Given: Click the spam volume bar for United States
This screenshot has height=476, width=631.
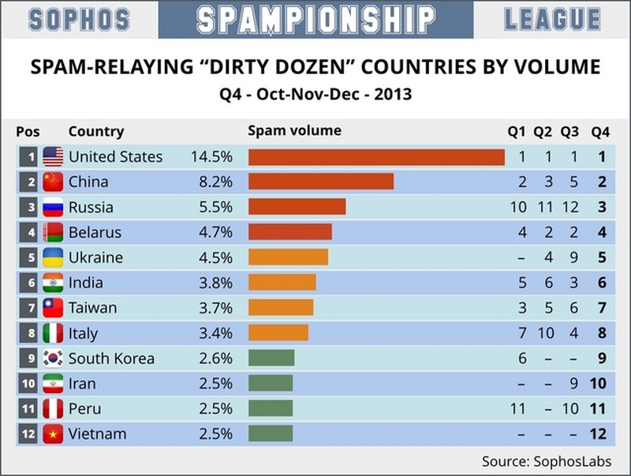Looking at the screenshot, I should tap(376, 157).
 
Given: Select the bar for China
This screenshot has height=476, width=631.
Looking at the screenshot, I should tap(320, 182).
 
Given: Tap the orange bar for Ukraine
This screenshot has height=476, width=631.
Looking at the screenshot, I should tap(288, 258).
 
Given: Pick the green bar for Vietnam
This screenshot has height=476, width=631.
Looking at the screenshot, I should tap(271, 434).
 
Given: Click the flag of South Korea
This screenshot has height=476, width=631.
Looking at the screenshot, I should tap(53, 358).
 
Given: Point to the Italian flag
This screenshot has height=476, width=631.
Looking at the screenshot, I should tap(53, 333).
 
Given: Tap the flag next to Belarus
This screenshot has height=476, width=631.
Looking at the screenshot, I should tap(53, 233).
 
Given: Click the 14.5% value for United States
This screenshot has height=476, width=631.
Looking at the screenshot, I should tap(211, 157).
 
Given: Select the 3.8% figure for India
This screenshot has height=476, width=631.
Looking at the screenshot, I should tap(215, 283).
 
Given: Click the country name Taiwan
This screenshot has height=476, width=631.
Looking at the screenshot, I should tap(92, 308).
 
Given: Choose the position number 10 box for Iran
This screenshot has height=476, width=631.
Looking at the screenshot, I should tap(29, 384).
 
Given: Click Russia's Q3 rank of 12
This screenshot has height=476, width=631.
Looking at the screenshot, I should tap(569, 208).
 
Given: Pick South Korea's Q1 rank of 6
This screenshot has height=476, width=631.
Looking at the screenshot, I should tap(521, 358).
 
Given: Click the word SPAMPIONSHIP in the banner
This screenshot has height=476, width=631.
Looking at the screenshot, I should tap(315, 19).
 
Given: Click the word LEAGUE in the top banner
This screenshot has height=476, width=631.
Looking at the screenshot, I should tap(552, 19).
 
